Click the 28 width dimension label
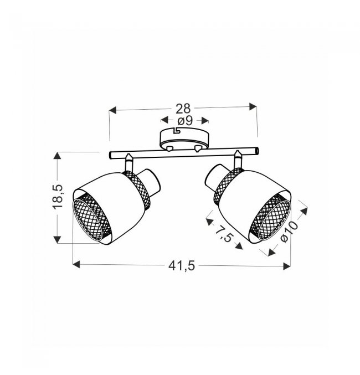pyautogui.click(x=183, y=109)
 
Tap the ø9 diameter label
pyautogui.click(x=185, y=121)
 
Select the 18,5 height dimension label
pyautogui.click(x=58, y=197)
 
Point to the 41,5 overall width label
pyautogui.click(x=182, y=266)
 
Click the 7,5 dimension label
pyautogui.click(x=224, y=234)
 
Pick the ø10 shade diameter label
pyautogui.click(x=289, y=232)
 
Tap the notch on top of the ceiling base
pyautogui.click(x=177, y=130)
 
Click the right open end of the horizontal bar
pyautogui.click(x=256, y=151)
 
